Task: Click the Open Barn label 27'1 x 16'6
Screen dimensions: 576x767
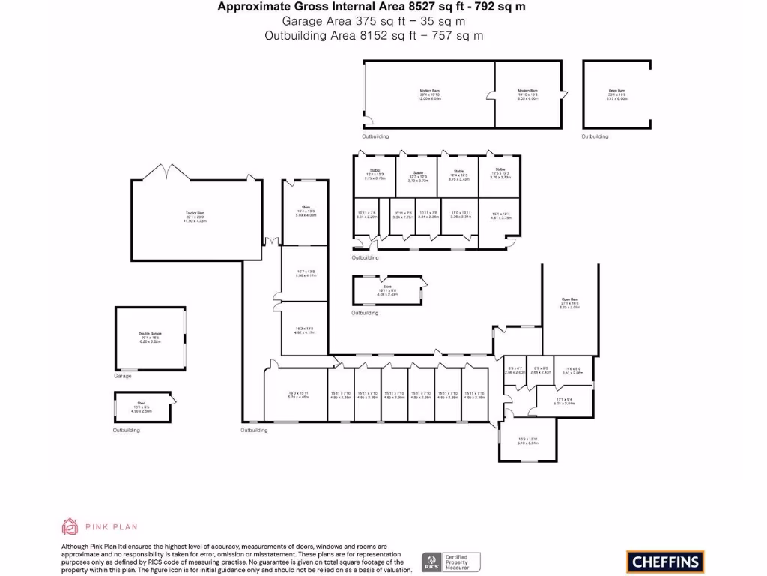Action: pos(569,303)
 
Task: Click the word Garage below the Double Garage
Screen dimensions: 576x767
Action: pos(122,376)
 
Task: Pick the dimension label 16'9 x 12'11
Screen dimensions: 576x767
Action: pos(528,441)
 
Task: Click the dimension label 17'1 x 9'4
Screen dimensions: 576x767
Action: pos(564,400)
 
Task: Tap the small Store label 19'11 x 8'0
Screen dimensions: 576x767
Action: pos(387,291)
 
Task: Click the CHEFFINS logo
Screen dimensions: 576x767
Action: pos(664,561)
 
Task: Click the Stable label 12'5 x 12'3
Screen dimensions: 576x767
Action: pos(500,173)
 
